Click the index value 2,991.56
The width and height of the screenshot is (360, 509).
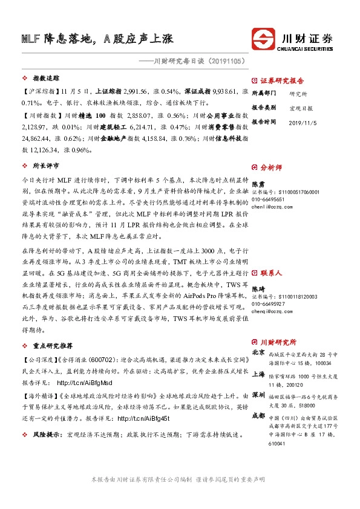[x=125, y=91]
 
